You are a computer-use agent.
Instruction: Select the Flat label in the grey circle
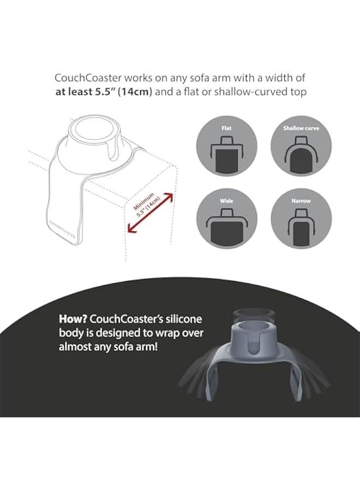pyautogui.click(x=226, y=129)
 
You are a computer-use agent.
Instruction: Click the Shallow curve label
pyautogui.click(x=301, y=129)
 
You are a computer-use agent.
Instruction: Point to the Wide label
pyautogui.click(x=226, y=201)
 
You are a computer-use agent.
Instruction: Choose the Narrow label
pyautogui.click(x=301, y=201)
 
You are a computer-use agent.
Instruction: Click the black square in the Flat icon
pyautogui.click(x=226, y=161)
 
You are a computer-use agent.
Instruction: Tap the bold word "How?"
pyautogui.click(x=73, y=319)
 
